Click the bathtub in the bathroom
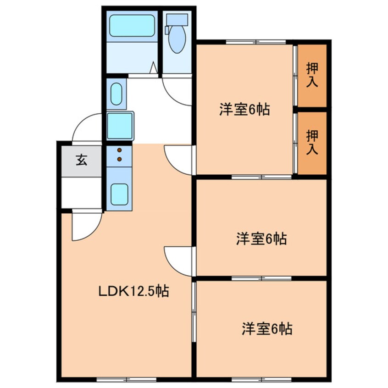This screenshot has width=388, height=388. [x=132, y=26]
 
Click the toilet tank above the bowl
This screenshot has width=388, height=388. [x=177, y=19]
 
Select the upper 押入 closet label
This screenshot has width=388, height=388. [x=312, y=75]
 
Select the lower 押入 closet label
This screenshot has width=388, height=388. [x=312, y=142]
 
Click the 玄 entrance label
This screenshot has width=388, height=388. [x=82, y=161]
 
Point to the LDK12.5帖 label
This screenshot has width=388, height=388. [x=132, y=290]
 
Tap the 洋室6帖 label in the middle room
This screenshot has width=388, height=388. [x=261, y=238]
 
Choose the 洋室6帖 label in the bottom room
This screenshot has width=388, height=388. [x=267, y=329]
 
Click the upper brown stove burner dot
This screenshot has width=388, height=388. [x=119, y=150]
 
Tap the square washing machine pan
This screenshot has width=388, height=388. [x=120, y=126]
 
